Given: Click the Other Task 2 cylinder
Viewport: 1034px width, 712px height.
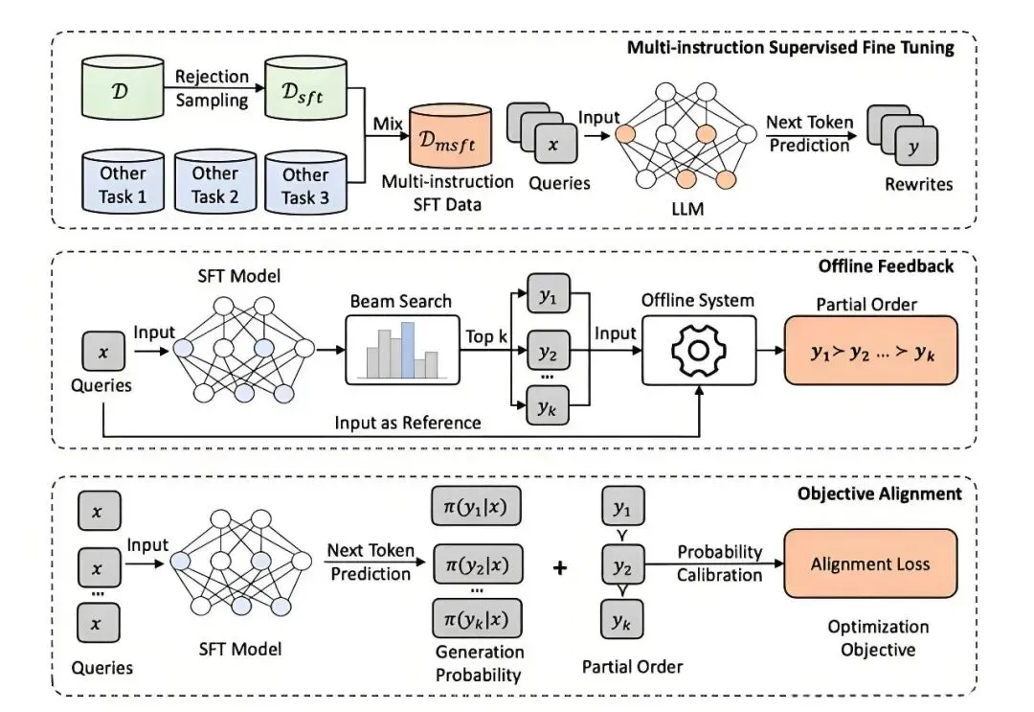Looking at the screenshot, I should (x=214, y=183).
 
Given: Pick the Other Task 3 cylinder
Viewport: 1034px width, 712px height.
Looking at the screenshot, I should (x=304, y=183).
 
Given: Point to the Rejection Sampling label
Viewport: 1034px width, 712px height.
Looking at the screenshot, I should (x=213, y=88).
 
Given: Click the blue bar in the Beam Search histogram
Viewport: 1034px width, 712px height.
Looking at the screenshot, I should (x=408, y=351).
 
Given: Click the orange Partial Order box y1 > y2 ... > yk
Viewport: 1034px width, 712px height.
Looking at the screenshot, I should (x=870, y=351).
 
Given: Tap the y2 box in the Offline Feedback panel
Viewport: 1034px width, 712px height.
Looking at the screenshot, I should (x=547, y=351).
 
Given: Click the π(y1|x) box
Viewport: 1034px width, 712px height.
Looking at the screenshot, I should (x=477, y=504).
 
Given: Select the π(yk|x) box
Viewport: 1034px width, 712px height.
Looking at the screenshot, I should (x=477, y=618).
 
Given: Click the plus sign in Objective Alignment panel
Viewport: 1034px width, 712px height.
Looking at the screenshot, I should (x=560, y=567).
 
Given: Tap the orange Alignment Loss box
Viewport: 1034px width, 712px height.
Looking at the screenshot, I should (x=869, y=564).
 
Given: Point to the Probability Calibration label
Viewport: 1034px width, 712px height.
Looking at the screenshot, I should (x=720, y=563).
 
